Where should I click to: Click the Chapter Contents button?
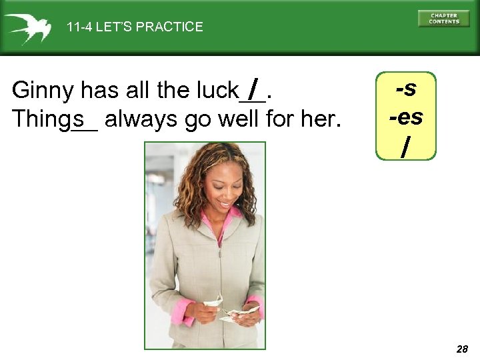(x=443, y=18)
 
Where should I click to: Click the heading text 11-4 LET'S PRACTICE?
(x=135, y=27)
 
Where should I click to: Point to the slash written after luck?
(x=253, y=87)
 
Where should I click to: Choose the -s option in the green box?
(x=406, y=89)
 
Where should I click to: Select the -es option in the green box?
(x=406, y=117)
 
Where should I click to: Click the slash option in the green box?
(x=405, y=145)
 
